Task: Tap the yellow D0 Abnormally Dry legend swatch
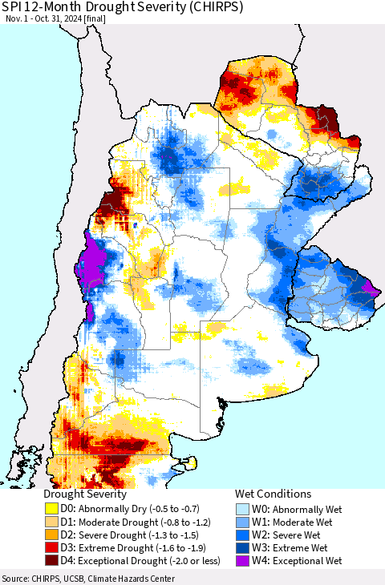(51, 509)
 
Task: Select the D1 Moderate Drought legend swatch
(51, 522)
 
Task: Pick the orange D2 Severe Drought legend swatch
(51, 535)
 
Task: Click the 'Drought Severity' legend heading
(85, 494)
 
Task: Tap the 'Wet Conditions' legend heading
(273, 494)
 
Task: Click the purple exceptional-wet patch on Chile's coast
(94, 258)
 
